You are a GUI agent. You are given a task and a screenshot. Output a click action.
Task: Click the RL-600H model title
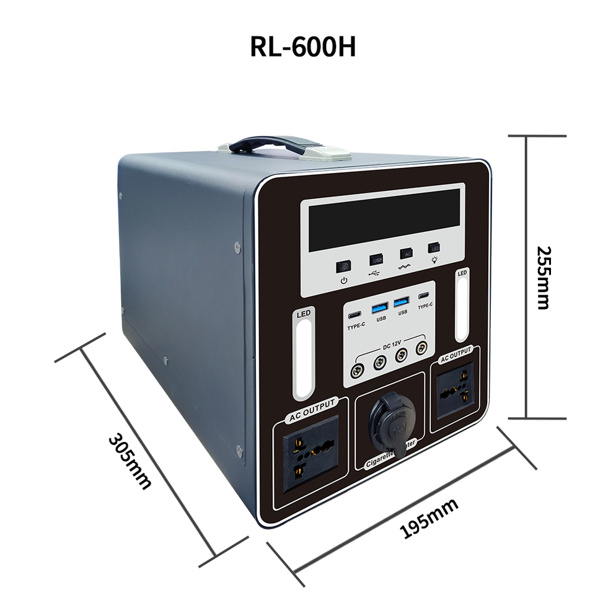point(303,47)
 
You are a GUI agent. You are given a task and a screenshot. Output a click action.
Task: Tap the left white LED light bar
point(304,358)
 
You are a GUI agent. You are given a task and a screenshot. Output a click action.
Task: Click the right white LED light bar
point(462,308)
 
